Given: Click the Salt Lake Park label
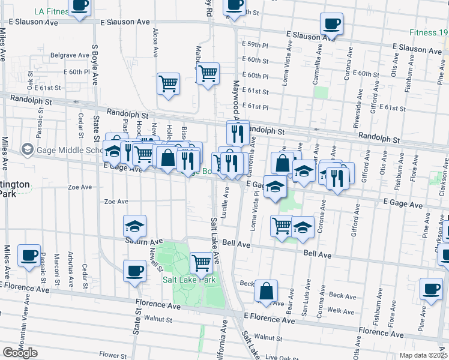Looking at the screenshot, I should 189,280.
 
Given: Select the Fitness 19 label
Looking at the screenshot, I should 429,32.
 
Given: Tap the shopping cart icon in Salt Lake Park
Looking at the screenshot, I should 201,262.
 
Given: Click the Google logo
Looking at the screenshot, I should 20,353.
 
